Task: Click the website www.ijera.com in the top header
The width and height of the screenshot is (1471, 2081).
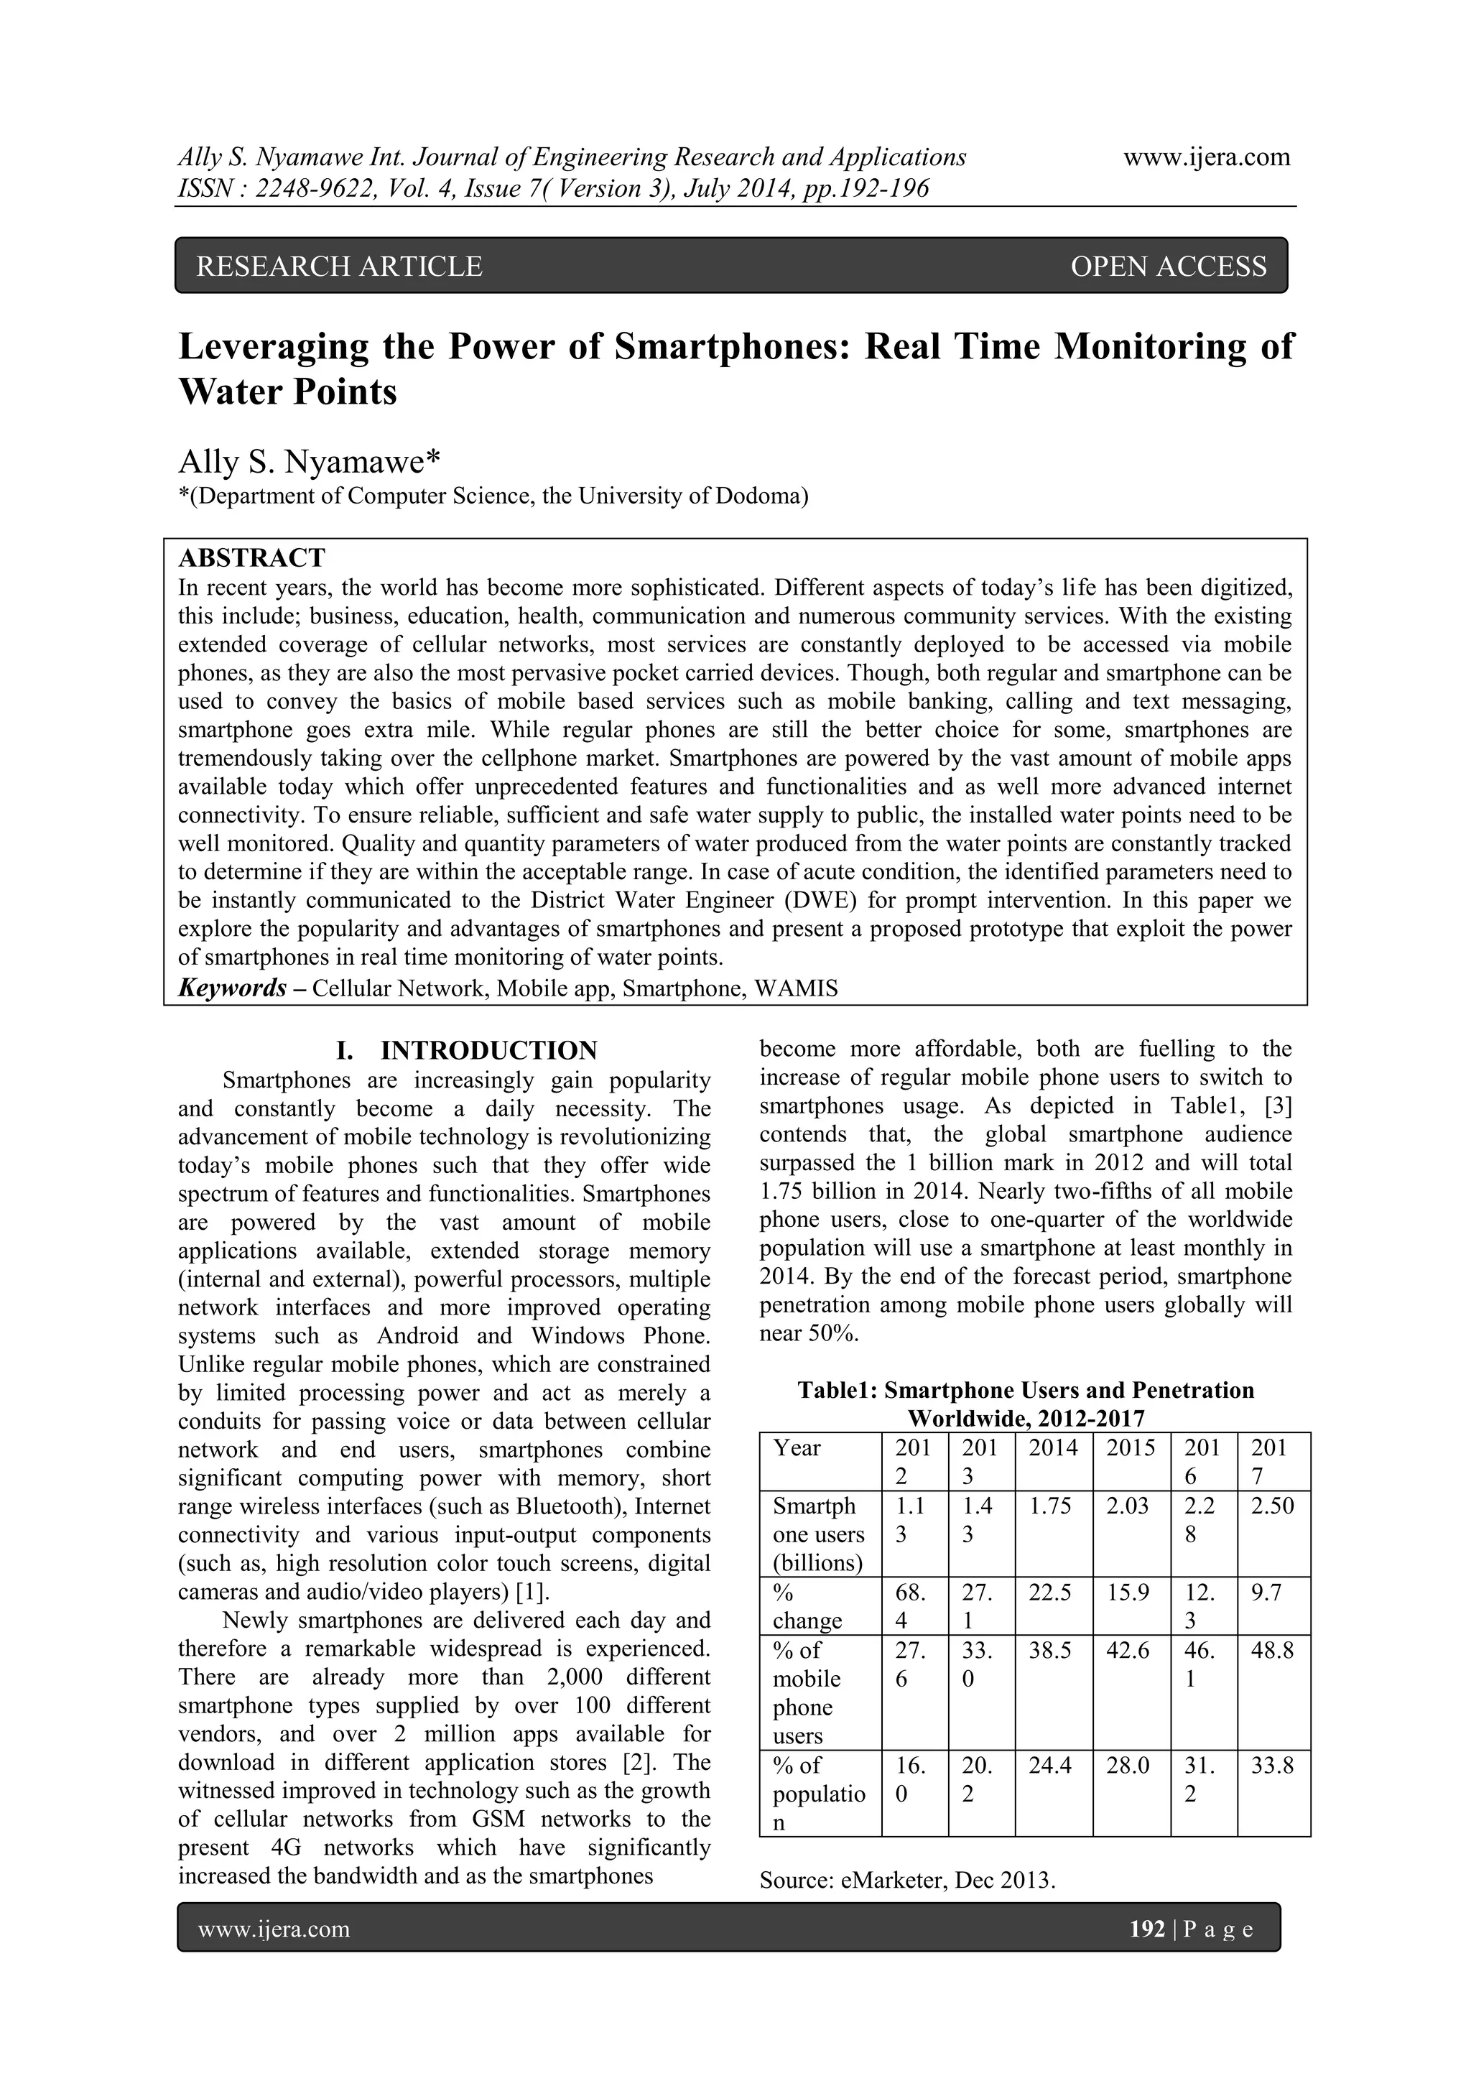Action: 1207,158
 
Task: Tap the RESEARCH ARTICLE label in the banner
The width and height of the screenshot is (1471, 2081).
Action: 339,267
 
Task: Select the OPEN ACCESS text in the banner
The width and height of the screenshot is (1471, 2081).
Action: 1169,267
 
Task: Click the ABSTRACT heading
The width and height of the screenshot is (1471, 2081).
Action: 251,557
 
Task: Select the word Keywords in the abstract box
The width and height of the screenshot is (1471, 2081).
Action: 232,988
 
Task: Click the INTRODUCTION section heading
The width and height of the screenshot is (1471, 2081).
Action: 488,1050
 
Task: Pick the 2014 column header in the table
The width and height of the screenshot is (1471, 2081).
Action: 1053,1447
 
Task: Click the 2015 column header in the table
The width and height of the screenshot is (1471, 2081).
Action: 1131,1447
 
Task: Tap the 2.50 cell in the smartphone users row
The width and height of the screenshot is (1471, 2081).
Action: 1271,1506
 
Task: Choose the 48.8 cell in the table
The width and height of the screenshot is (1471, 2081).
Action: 1271,1651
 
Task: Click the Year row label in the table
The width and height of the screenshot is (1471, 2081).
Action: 797,1447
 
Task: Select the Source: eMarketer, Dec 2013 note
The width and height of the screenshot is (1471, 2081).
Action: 907,1881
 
